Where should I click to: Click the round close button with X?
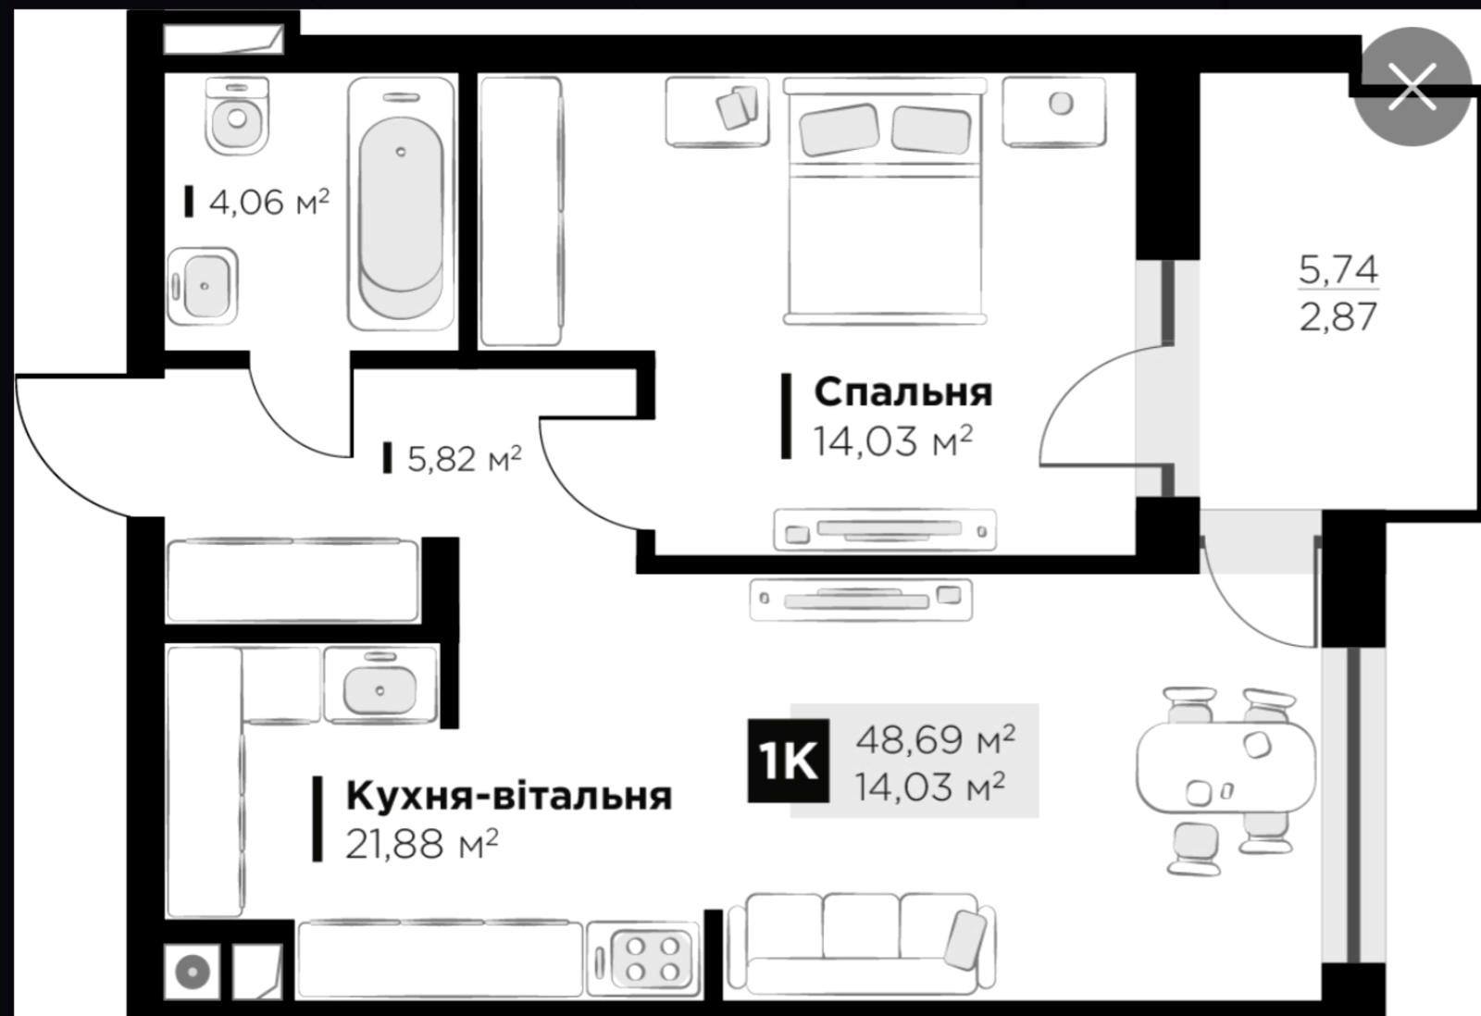[1412, 87]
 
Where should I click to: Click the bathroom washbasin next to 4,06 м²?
[203, 286]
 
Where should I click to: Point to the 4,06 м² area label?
[268, 202]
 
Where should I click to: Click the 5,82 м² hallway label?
[464, 458]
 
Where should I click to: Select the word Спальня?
[902, 392]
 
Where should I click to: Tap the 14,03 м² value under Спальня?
[892, 441]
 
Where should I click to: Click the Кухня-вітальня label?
[508, 796]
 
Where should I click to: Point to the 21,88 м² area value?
[421, 844]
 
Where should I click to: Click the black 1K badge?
[787, 761]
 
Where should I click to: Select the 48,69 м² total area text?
[935, 738]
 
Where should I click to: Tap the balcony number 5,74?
[1338, 269]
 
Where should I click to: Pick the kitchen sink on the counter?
[379, 687]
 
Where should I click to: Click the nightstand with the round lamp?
[1054, 111]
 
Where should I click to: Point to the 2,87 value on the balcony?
[1338, 317]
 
